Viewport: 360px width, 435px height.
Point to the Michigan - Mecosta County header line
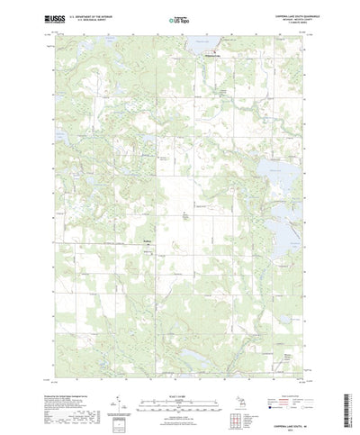285,18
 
